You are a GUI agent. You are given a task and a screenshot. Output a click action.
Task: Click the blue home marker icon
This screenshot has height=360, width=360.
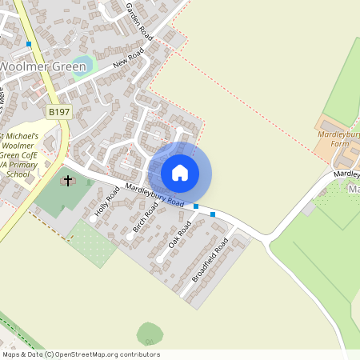pos(180,172)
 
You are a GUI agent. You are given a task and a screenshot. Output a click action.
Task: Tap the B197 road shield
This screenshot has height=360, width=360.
pos(58,114)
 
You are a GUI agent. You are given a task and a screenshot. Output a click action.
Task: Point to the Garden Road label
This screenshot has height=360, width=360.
pos(138,22)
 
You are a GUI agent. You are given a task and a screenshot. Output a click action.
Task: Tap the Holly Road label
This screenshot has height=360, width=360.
pos(106,199)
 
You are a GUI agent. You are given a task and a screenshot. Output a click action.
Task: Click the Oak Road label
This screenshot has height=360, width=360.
pos(180,233)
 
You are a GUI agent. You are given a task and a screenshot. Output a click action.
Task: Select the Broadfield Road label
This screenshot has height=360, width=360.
pos(210,258)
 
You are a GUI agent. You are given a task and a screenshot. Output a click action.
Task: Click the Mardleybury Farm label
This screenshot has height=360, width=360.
pos(340,139)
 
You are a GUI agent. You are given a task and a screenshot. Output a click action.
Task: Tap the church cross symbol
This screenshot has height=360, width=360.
pos(68,181)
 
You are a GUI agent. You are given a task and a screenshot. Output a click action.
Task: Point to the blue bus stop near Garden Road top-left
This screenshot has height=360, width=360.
pos(29,43)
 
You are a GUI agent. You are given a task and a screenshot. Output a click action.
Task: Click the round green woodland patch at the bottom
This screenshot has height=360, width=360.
pos(150,334)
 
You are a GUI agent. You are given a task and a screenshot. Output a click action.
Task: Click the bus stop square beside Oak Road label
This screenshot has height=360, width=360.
pos(196,206)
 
